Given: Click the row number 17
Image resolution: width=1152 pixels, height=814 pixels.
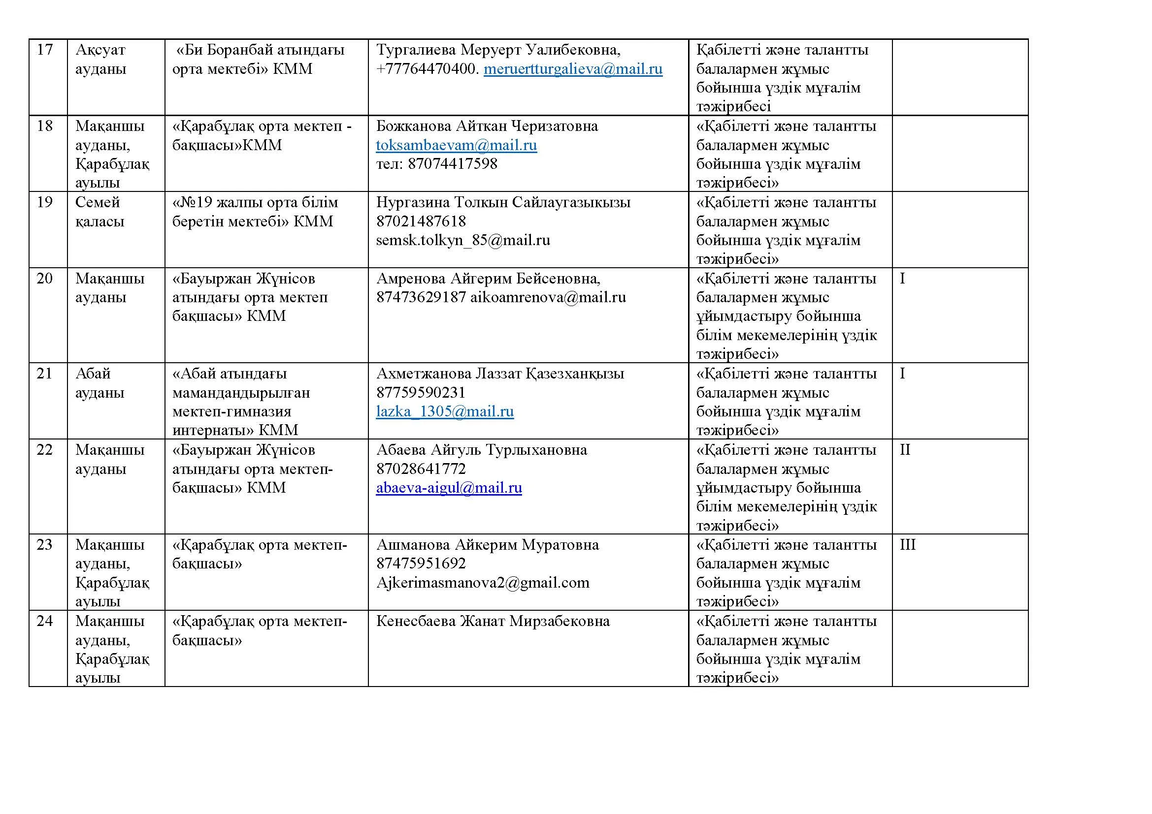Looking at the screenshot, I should coord(45,50).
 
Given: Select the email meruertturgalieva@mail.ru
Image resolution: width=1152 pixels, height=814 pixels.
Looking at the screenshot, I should coord(573,69).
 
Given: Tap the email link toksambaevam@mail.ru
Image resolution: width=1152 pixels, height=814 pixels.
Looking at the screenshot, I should coord(456,145).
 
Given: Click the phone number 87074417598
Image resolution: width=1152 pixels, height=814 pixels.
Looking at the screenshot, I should coord(452,164).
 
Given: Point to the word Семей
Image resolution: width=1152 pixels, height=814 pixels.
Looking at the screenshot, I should coord(98,202).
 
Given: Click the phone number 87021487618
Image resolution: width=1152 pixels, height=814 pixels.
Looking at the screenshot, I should coord(421,221).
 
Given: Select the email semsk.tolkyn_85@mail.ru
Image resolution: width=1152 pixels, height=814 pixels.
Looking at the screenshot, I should coord(462,240).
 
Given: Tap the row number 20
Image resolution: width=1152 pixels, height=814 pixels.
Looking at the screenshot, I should coord(45,278).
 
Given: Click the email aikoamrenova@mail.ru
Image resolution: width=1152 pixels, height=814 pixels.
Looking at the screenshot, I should coord(548,297).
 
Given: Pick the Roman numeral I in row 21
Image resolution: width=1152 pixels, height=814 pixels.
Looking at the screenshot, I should coord(902,374).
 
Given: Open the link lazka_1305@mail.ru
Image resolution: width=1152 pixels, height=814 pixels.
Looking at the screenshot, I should coord(445,411).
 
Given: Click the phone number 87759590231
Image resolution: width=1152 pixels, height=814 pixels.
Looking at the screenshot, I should coord(421,392).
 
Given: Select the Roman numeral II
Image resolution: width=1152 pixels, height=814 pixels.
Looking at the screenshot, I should coord(905,450).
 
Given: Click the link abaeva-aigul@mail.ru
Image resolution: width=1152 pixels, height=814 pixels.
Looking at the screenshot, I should coord(449,488).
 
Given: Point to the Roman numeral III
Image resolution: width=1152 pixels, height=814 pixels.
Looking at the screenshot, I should coord(908,545).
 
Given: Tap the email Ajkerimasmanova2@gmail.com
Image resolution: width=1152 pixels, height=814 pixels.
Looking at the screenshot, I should coord(483,582).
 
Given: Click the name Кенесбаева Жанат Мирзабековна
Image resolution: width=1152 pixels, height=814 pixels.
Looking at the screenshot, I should coord(493,621).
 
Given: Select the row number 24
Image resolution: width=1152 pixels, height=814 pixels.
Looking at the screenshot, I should coord(45,621).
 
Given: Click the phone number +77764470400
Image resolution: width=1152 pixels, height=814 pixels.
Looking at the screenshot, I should coord(426,69).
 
